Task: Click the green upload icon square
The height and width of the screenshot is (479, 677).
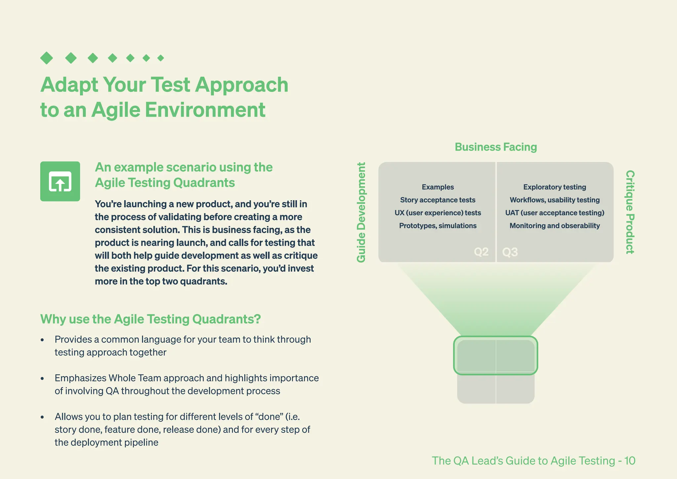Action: coord(60,181)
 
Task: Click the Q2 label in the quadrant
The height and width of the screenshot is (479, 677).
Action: coord(481,252)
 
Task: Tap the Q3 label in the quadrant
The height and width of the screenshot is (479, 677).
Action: coord(510,252)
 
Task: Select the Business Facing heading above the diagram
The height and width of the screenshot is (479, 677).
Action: coord(496,147)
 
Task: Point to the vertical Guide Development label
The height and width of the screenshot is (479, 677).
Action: coord(361,212)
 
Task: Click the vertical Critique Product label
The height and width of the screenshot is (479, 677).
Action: coord(630,212)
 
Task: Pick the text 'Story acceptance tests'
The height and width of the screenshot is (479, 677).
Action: coord(438,200)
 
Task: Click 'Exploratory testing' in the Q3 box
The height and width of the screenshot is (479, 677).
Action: coord(554,187)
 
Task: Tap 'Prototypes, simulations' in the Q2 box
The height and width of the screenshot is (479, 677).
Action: coord(438,226)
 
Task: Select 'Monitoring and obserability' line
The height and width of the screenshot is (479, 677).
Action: coord(554,226)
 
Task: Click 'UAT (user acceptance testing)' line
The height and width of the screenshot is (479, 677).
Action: coord(554,213)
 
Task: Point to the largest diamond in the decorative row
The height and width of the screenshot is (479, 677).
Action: coord(47,58)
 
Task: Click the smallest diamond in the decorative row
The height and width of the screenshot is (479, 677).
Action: coord(161,58)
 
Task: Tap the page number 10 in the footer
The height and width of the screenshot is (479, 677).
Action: coord(629,460)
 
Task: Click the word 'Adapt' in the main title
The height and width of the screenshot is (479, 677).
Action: coord(69,85)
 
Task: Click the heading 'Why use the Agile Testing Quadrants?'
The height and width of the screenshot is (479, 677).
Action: coord(150,319)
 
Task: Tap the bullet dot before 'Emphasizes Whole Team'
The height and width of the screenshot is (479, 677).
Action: coord(42,378)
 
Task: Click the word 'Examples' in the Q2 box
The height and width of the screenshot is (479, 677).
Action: coord(438,187)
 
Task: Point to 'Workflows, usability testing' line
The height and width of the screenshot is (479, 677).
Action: coord(554,200)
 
